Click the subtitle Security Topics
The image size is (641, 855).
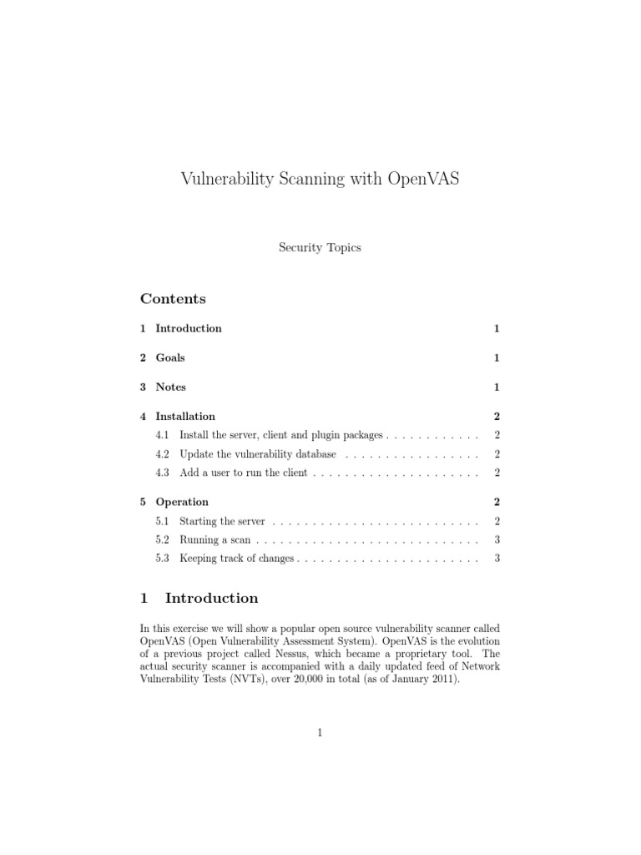pos(320,248)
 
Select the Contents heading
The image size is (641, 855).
pos(173,299)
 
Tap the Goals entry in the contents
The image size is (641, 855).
pos(170,358)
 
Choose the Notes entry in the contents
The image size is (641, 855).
pos(170,387)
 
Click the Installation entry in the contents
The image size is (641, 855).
pos(185,417)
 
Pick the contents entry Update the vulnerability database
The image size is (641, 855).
pos(258,455)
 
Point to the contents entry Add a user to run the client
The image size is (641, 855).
pos(244,473)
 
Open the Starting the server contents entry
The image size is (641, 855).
pos(222,522)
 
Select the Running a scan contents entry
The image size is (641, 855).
pos(215,540)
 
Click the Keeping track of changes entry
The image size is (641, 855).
pos(237,559)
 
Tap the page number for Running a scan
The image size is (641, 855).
pos(497,540)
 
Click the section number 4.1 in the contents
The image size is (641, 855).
pos(163,436)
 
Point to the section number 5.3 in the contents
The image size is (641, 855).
pos(163,559)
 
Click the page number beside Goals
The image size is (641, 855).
pos(497,358)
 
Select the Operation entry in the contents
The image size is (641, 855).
pos(182,503)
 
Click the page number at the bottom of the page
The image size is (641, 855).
pos(320,733)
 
